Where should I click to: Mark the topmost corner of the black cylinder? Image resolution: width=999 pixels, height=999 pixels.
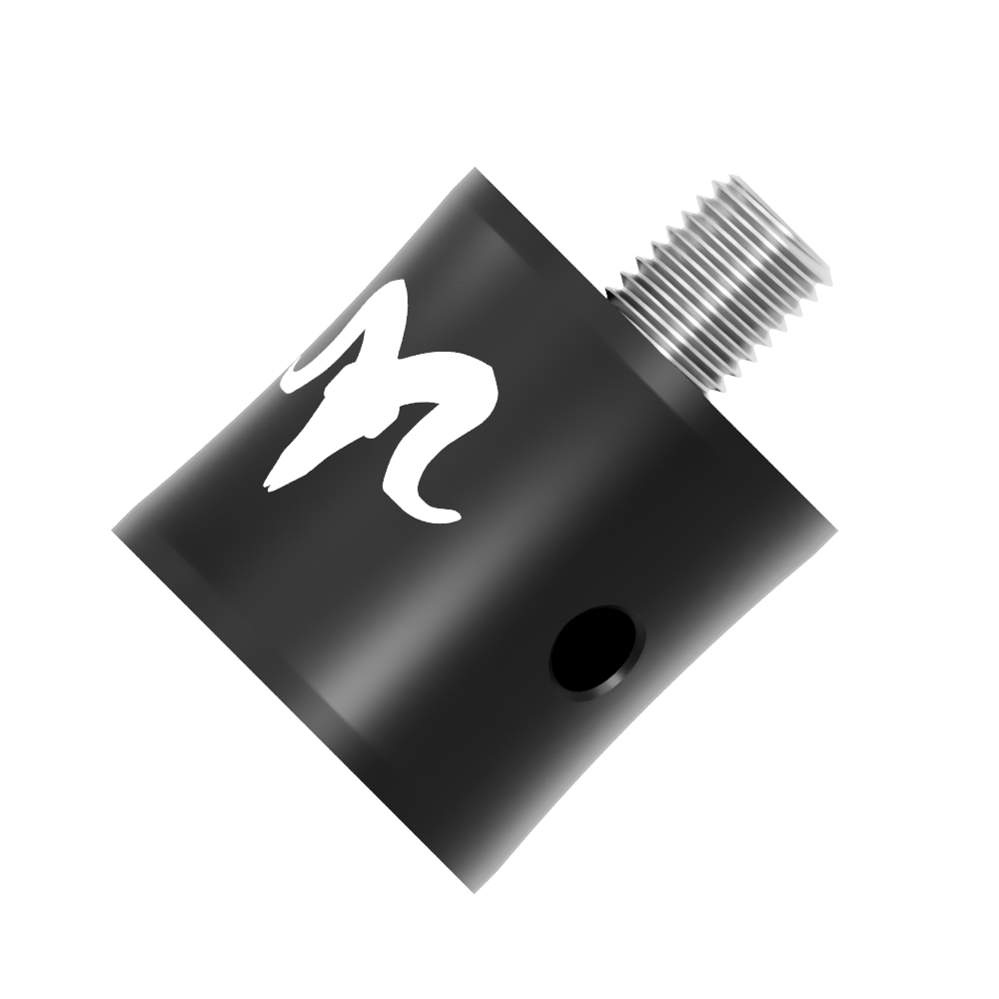click(x=476, y=170)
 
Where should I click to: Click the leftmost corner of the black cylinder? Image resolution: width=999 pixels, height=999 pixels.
click(x=113, y=529)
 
